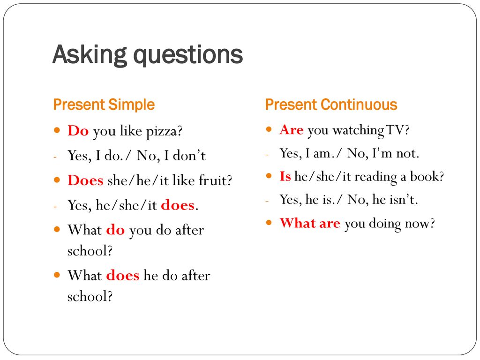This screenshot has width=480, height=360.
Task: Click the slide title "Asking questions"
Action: (x=148, y=55)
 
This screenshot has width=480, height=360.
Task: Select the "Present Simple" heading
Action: (x=104, y=105)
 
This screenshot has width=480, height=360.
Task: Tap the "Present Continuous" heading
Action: (x=331, y=105)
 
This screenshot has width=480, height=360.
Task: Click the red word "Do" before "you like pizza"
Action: (x=78, y=131)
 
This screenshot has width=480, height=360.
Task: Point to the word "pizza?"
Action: (x=164, y=132)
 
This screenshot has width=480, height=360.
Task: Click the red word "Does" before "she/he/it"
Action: (x=85, y=180)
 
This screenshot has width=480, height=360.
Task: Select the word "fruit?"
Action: (x=216, y=180)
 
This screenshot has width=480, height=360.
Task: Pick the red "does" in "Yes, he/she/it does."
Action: (x=178, y=205)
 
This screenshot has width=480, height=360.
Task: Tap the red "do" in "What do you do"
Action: (x=115, y=230)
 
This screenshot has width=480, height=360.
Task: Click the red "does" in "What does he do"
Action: (x=123, y=275)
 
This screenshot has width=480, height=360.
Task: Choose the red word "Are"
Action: (x=292, y=130)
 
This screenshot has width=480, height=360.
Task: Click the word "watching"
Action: (x=358, y=131)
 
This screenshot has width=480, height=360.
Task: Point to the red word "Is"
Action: (x=285, y=176)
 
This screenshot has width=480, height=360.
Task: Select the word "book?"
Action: (x=427, y=176)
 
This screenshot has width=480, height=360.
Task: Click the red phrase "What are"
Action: (x=310, y=223)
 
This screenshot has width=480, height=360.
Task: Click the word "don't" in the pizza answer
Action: (x=189, y=156)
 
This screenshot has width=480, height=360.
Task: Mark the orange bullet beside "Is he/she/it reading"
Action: (x=269, y=176)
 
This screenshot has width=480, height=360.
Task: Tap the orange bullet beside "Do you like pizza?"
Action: (x=57, y=130)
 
